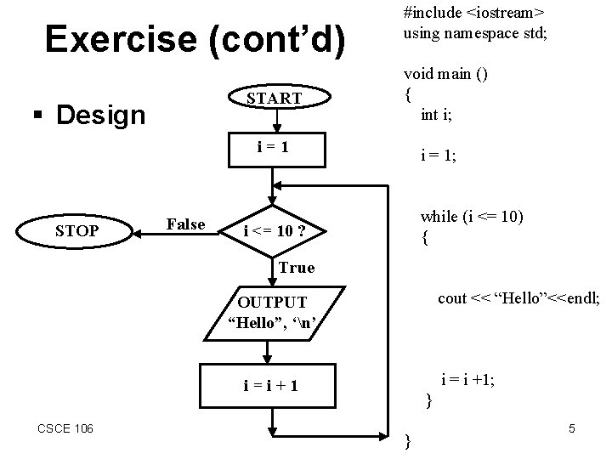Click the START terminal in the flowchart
coord(274,99)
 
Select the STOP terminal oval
coord(77,230)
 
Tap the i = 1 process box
coord(274,147)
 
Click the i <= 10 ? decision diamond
coord(275,231)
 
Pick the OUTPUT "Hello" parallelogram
coord(274,311)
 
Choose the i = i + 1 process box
coord(274,386)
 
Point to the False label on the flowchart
coord(186,224)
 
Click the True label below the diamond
coord(297,268)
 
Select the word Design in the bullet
coord(100,115)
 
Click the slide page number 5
coord(572,429)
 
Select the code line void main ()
coord(446,74)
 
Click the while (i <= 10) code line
coord(471,217)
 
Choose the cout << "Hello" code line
coord(518,298)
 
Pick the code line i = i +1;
coord(467,380)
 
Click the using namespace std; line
coord(475,34)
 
